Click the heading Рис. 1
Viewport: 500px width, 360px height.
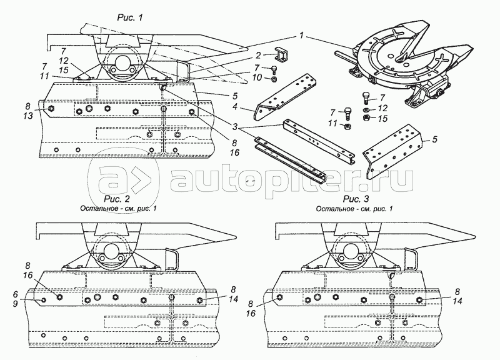click(129, 17)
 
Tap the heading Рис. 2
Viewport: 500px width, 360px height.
click(117, 199)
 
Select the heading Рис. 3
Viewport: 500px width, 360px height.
click(356, 199)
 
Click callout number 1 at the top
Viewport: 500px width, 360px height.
click(302, 36)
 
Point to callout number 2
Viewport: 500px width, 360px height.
click(258, 56)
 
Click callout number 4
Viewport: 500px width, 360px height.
click(235, 106)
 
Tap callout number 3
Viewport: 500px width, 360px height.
click(235, 127)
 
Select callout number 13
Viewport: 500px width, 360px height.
click(28, 116)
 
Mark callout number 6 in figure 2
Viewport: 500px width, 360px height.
click(16, 294)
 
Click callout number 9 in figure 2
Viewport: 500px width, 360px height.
click(16, 304)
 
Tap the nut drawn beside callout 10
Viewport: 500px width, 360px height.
click(274, 79)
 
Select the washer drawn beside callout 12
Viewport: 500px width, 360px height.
click(366, 110)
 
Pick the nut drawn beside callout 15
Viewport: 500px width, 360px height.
click(366, 118)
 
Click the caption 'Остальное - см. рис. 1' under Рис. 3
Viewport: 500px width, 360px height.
click(354, 209)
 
